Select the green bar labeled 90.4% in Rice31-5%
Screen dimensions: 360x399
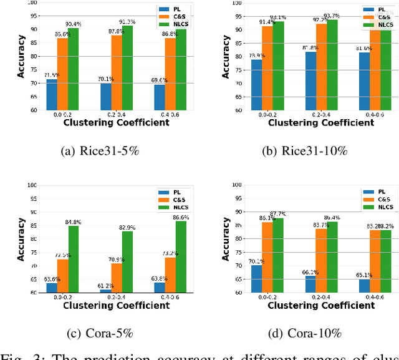click(74, 69)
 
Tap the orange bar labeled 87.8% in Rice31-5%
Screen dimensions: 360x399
click(117, 72)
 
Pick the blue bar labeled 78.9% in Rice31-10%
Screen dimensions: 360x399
click(256, 84)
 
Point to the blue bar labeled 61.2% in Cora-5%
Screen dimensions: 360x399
click(106, 290)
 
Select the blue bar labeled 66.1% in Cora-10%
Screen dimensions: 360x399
click(310, 283)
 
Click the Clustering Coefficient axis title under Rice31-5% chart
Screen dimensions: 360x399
click(116, 123)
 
